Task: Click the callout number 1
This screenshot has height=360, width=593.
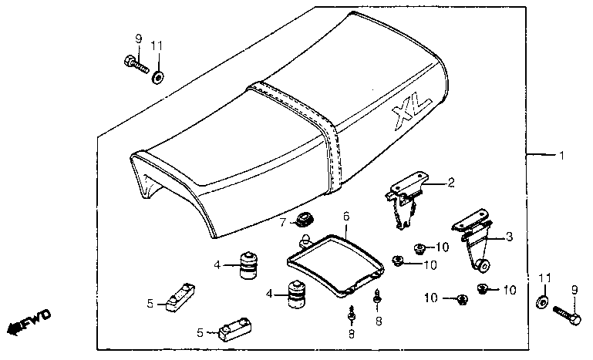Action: pyautogui.click(x=561, y=156)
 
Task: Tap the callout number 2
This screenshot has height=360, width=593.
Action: pyautogui.click(x=451, y=183)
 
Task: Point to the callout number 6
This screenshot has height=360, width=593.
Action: pyautogui.click(x=346, y=218)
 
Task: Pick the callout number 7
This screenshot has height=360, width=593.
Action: pyautogui.click(x=283, y=223)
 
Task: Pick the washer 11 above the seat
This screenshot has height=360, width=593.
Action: pyautogui.click(x=158, y=76)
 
